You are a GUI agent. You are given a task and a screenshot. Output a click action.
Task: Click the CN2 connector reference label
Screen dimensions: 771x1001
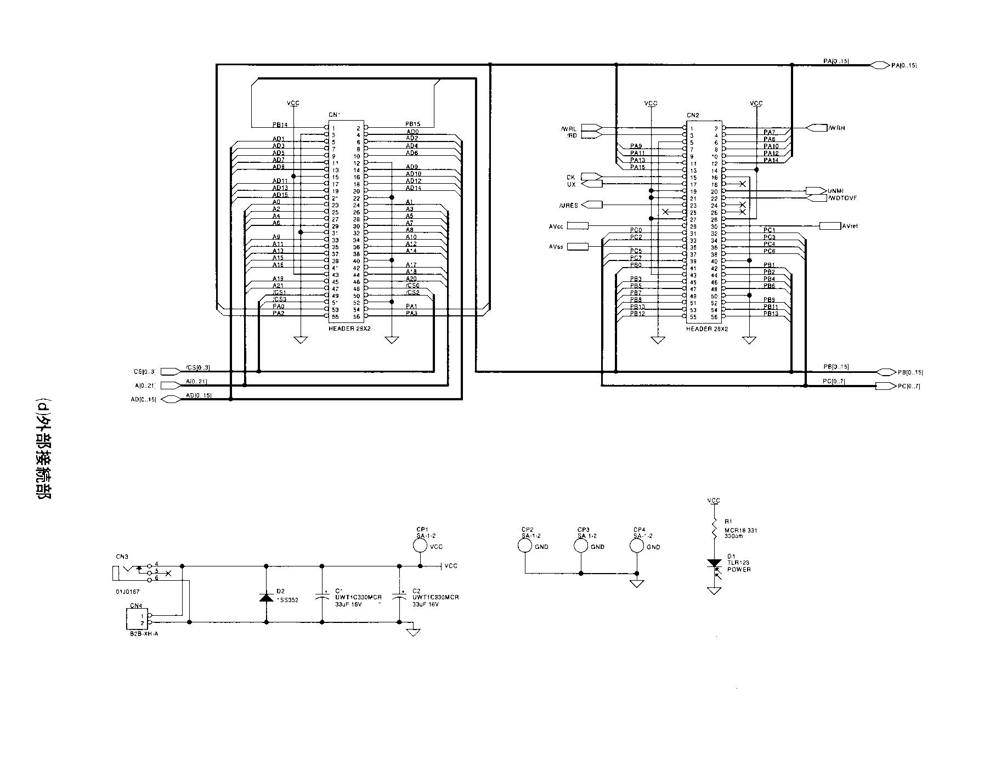(x=693, y=115)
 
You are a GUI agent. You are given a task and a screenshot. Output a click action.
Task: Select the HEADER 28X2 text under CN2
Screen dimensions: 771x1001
(x=707, y=329)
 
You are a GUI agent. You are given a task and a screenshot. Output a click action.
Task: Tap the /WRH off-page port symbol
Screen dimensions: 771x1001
(x=817, y=128)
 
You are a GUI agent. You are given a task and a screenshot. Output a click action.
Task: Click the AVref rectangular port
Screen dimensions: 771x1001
(x=829, y=226)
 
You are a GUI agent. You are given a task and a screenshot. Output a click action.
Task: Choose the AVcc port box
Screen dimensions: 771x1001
(x=577, y=226)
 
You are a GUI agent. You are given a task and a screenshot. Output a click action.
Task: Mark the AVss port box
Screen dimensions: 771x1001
(x=576, y=247)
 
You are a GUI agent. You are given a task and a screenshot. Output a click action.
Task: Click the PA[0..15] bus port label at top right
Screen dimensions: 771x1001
(x=904, y=66)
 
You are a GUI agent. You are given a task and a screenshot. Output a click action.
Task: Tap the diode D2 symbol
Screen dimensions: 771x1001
(x=267, y=597)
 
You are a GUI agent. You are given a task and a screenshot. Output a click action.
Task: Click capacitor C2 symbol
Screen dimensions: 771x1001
(x=399, y=597)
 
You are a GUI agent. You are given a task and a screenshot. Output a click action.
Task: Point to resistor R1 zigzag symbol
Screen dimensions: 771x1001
(x=714, y=530)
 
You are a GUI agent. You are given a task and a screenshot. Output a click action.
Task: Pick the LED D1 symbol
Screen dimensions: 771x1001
(x=714, y=565)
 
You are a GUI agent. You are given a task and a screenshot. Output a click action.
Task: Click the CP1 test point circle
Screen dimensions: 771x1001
(x=420, y=546)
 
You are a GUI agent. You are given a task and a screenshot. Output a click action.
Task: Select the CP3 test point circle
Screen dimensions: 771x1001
(x=581, y=546)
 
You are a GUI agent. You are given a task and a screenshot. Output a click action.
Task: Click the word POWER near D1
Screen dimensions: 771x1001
(x=739, y=570)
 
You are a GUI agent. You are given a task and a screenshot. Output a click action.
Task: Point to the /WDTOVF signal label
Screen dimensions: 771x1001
(x=842, y=197)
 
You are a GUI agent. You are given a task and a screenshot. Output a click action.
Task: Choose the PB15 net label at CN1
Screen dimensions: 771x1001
(x=412, y=124)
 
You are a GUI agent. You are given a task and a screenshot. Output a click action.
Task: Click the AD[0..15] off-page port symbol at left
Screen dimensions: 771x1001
(x=170, y=399)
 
